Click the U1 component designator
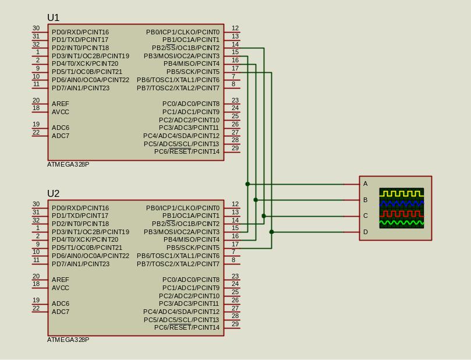[x=53, y=17]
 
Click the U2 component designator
[x=53, y=193]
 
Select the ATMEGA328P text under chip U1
[x=68, y=164]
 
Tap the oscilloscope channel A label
[x=365, y=183]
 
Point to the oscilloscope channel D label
[x=365, y=232]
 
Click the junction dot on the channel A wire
[x=247, y=184]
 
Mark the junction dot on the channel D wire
[x=271, y=232]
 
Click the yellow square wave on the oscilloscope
[x=401, y=193]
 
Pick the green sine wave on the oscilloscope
[x=401, y=223]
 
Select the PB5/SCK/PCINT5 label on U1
[x=193, y=72]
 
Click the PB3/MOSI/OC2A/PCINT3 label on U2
[x=182, y=232]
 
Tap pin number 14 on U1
[x=235, y=44]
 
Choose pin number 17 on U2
[x=235, y=244]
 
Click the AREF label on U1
[x=61, y=104]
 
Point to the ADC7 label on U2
[x=61, y=312]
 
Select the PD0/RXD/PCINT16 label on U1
[x=80, y=32]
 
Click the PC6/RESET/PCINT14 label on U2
[x=187, y=327]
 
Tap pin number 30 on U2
[x=36, y=204]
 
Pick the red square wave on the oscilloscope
[x=401, y=213]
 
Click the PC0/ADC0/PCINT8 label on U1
[x=191, y=104]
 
